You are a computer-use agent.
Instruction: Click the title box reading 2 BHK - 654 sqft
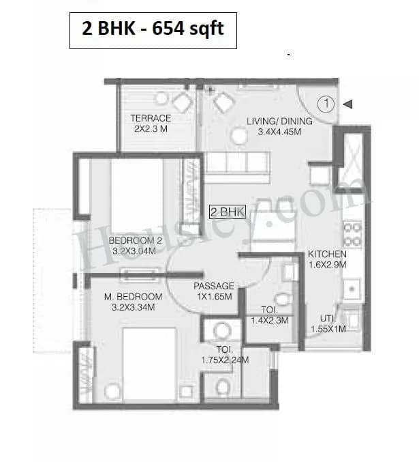153,30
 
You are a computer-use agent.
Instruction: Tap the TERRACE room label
151,118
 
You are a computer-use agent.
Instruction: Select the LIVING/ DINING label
279,122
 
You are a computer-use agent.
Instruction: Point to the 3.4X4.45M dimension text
280,132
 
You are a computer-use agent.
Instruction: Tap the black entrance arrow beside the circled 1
347,104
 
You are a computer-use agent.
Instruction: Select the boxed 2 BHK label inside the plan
227,212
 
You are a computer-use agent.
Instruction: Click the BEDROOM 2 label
135,241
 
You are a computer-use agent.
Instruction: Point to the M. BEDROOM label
133,297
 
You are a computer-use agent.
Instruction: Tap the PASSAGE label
214,286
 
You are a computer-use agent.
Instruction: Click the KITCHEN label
327,252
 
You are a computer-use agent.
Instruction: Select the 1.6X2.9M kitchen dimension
327,263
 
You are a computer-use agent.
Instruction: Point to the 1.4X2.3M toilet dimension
270,319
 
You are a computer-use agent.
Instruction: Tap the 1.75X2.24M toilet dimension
225,360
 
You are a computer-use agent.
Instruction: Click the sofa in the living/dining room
236,164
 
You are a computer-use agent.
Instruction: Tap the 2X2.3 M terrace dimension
151,128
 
